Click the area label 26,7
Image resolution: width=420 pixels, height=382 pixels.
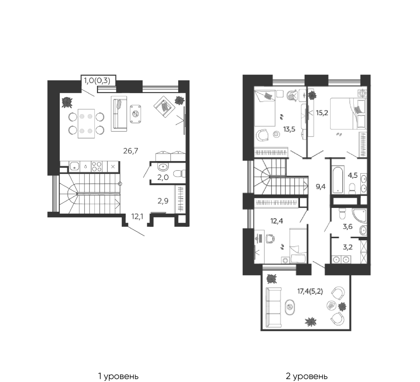(131, 151)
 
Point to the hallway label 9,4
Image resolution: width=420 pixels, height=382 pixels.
(321, 186)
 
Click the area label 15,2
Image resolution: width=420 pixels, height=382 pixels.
(322, 113)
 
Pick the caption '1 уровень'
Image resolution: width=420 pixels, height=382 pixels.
(118, 364)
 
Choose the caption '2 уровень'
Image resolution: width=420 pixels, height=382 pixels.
(307, 364)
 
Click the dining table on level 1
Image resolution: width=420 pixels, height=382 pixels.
(86, 123)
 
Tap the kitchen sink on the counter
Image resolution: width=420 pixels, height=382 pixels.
(74, 167)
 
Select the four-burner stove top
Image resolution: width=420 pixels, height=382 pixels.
(97, 167)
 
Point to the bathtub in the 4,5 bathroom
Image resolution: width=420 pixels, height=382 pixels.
(337, 179)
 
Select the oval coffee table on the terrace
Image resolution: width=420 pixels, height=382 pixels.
(290, 307)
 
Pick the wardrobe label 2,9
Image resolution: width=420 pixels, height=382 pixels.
(163, 201)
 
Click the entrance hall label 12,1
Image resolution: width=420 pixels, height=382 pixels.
(137, 216)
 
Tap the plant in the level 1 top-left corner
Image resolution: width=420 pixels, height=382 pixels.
(67, 103)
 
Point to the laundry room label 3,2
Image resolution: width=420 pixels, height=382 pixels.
(348, 247)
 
